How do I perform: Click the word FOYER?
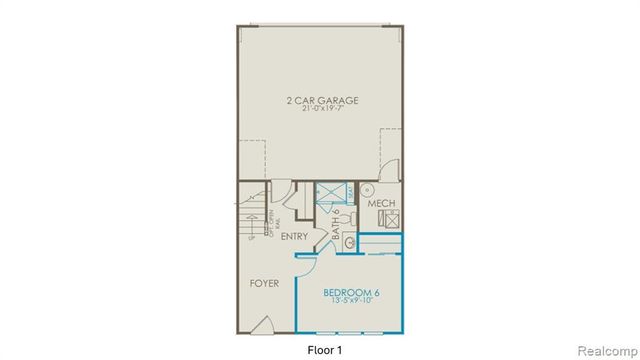point(264,283)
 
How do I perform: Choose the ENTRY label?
point(294,237)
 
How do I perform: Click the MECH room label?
point(382,204)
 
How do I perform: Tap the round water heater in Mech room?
point(367,188)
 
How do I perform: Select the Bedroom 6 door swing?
point(306,262)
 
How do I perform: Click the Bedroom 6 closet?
point(380,245)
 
